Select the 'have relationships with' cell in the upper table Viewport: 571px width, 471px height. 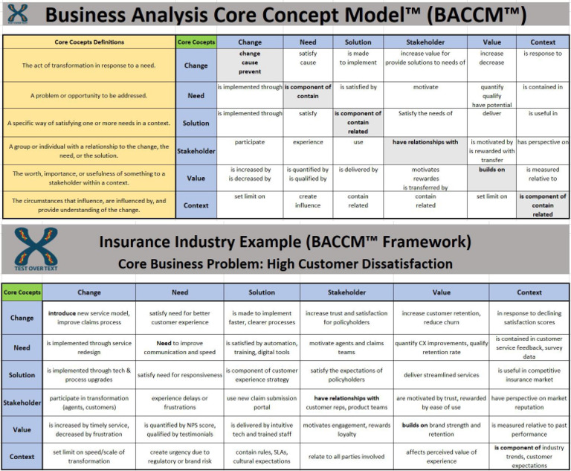(x=425, y=142)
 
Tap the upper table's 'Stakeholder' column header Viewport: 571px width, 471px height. (x=425, y=42)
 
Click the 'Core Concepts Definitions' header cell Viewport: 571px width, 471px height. (x=89, y=42)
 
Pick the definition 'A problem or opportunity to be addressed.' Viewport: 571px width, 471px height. (x=89, y=95)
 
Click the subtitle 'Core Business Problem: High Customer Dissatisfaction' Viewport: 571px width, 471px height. (x=285, y=263)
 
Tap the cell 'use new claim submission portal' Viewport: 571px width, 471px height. (x=262, y=403)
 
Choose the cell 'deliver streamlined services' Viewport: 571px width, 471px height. (x=441, y=375)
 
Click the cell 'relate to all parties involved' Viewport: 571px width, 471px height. (x=346, y=456)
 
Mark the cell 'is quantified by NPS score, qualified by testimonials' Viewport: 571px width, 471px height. (x=180, y=429)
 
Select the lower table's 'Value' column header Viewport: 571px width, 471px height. (x=441, y=292)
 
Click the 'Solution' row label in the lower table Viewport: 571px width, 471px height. (x=22, y=375)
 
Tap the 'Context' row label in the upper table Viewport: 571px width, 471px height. (x=196, y=205)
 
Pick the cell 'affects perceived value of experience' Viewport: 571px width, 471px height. (x=441, y=456)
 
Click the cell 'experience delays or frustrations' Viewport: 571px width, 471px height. (x=180, y=403)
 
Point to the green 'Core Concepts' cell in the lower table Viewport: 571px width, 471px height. (x=22, y=292)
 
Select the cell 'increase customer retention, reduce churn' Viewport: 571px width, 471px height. (x=441, y=318)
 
